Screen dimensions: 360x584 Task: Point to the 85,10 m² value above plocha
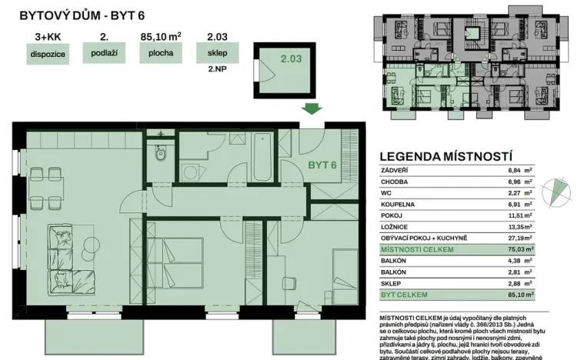(x=161, y=35)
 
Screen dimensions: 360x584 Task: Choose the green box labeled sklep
(x=217, y=55)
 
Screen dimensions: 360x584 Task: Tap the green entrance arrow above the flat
(x=311, y=109)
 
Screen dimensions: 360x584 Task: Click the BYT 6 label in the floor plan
(x=323, y=165)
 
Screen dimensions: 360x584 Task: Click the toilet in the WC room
(x=160, y=158)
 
